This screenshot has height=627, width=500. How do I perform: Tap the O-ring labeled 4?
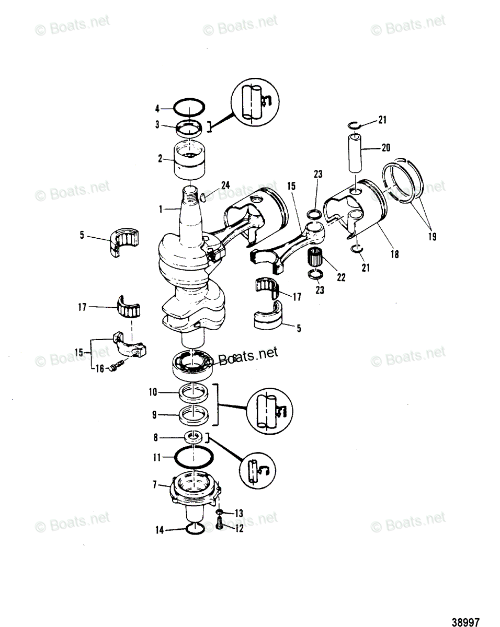pyautogui.click(x=188, y=108)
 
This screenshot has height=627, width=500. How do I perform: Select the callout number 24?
pyautogui.click(x=225, y=184)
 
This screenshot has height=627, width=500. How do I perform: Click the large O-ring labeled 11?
pyautogui.click(x=193, y=457)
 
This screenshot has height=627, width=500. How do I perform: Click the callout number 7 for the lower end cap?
pyautogui.click(x=155, y=485)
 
